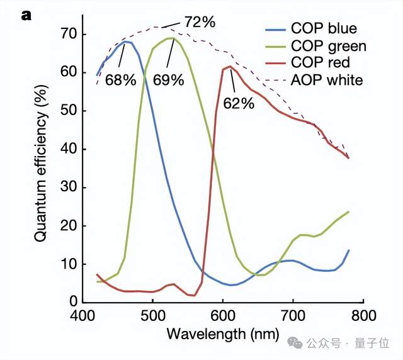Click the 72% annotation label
click(x=200, y=22)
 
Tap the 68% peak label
click(x=121, y=81)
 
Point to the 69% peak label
click(x=168, y=80)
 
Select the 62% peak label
click(x=239, y=103)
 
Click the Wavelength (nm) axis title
click(x=222, y=333)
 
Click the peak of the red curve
click(x=230, y=67)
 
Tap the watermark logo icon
click(x=295, y=343)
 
